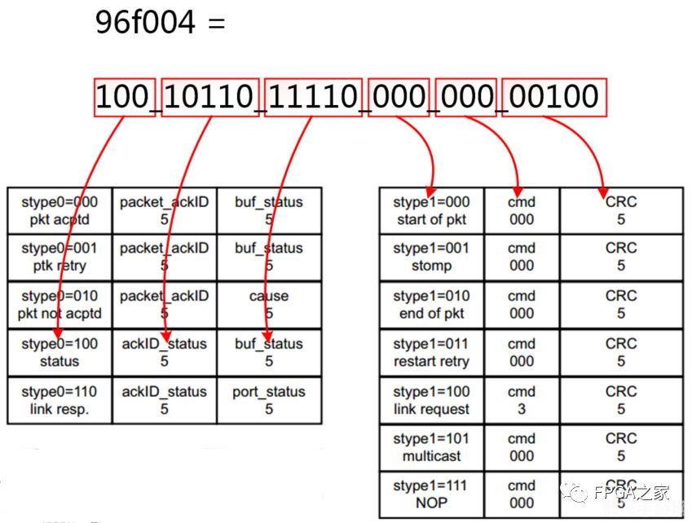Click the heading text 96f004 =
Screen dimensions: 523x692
pyautogui.click(x=159, y=22)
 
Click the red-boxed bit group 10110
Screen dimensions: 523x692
pyautogui.click(x=211, y=98)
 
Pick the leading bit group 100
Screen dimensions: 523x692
pyautogui.click(x=125, y=98)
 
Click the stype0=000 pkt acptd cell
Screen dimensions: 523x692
pyautogui.click(x=59, y=210)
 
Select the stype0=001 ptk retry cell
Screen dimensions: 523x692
pyautogui.click(x=59, y=257)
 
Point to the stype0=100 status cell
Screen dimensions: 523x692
pyautogui.click(x=59, y=353)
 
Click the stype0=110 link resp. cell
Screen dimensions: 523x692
pyautogui.click(x=59, y=400)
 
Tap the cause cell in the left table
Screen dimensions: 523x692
pyautogui.click(x=269, y=305)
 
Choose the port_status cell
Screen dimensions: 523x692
pyautogui.click(x=269, y=400)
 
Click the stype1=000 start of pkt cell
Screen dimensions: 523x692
pyautogui.click(x=431, y=210)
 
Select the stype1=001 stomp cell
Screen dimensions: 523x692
pyautogui.click(x=431, y=257)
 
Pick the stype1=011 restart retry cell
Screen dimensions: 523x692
pyautogui.click(x=431, y=353)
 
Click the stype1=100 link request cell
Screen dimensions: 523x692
pyautogui.click(x=431, y=400)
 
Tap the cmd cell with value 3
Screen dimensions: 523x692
pyautogui.click(x=522, y=400)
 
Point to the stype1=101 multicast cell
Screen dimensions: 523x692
pyautogui.click(x=431, y=447)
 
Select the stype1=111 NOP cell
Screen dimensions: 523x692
pyautogui.click(x=431, y=494)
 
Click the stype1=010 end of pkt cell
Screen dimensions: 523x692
pyautogui.click(x=431, y=305)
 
